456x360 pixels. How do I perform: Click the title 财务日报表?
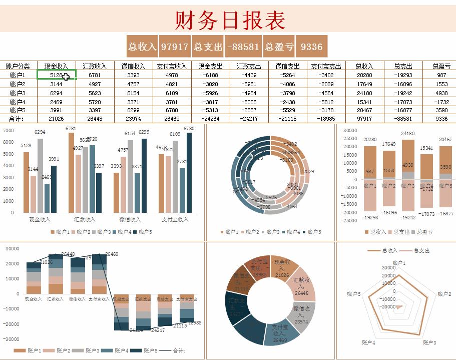[x=230, y=20]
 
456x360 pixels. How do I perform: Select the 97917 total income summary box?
[x=174, y=47]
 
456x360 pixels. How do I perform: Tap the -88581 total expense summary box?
[x=243, y=47]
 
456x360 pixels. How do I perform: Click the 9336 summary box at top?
[x=311, y=47]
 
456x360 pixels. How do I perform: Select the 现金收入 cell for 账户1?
[x=56, y=75]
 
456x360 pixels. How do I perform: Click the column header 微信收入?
[x=133, y=66]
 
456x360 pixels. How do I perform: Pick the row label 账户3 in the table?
[x=18, y=93]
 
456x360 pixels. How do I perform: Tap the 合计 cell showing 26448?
[x=95, y=119]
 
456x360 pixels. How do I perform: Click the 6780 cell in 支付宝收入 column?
[x=172, y=110]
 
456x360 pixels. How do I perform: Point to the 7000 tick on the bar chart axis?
[x=9, y=130]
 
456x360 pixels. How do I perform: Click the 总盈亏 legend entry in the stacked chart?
[x=422, y=232]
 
